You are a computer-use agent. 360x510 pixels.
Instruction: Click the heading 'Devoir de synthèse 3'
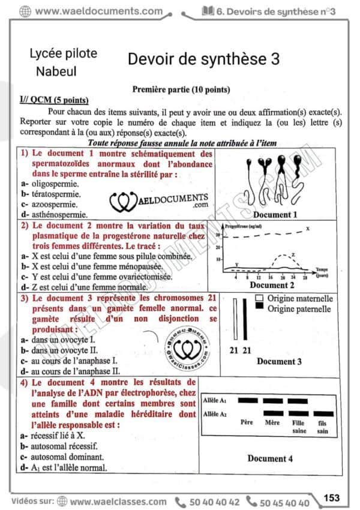coord(203,59)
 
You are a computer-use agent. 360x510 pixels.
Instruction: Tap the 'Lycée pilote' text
coord(63,53)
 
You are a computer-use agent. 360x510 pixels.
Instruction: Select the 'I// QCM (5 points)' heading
coord(54,100)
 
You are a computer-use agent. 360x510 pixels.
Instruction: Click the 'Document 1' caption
coord(275,214)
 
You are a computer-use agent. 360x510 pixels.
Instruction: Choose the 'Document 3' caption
coord(279,361)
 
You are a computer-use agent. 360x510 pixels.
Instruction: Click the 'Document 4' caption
coord(271,458)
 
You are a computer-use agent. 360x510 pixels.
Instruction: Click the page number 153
coord(331,497)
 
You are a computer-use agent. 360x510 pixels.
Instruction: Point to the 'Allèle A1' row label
coord(215,400)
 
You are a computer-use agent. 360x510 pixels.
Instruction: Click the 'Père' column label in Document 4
coord(246,422)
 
